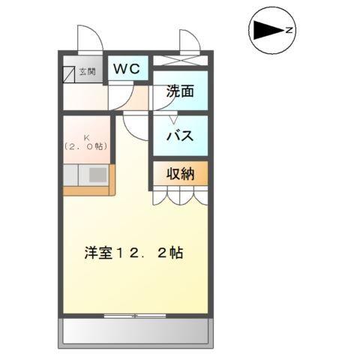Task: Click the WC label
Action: pos(127,69)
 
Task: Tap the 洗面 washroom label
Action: pos(180,92)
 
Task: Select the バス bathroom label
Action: pos(180,136)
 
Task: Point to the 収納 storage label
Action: pos(180,174)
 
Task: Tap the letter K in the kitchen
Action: pos(87,137)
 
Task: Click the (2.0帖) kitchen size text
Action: pos(86,147)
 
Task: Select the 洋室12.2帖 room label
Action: pos(133,253)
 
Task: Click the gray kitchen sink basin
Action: pos(98,175)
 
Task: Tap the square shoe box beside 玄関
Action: pos(69,73)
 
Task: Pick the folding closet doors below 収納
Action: pos(180,196)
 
